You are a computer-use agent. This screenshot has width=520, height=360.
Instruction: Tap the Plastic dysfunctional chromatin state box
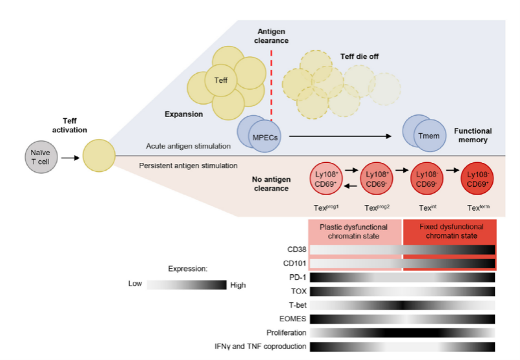point(355,231)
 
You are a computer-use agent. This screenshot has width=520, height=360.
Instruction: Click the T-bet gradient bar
point(402,304)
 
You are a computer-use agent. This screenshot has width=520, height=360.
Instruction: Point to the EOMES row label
point(293,319)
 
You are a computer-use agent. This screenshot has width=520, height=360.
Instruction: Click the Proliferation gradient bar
point(402,332)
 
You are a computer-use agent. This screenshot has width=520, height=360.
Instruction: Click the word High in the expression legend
point(237,284)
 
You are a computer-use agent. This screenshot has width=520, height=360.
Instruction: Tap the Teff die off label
point(359,57)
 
